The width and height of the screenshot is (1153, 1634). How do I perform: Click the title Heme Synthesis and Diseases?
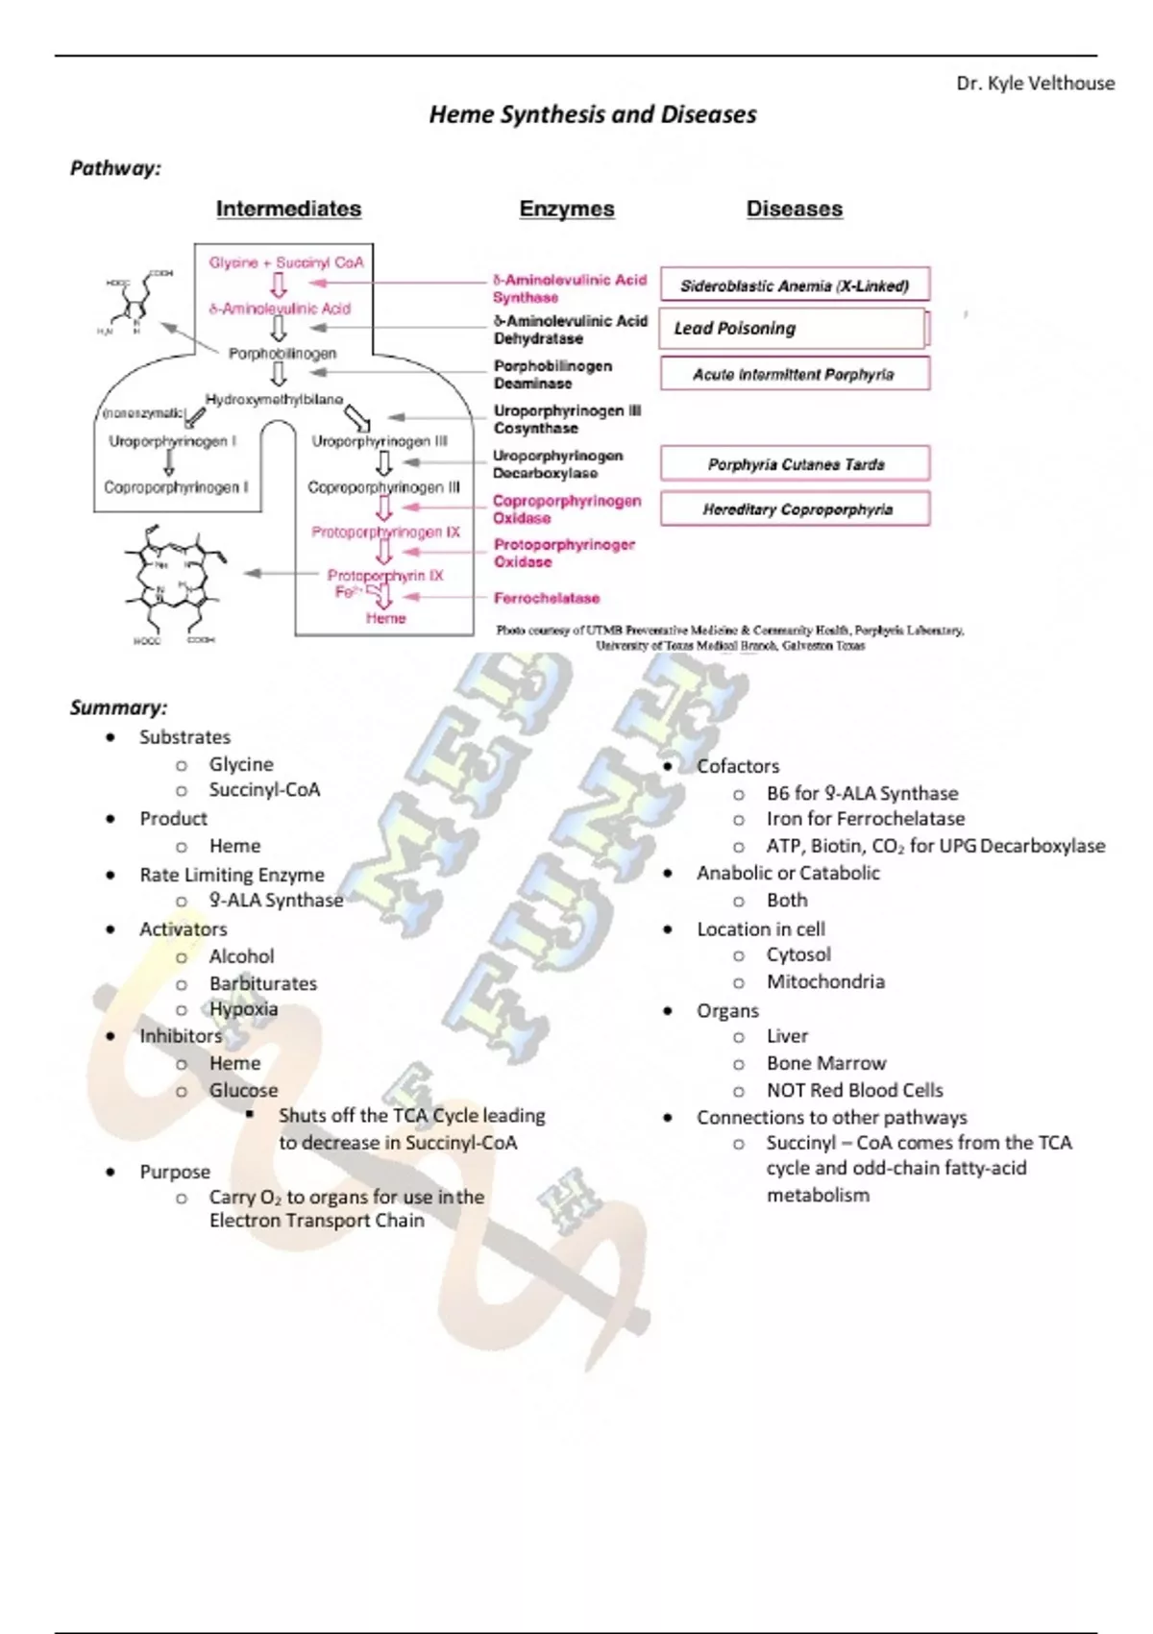point(592,114)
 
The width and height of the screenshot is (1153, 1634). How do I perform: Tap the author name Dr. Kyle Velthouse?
point(1035,84)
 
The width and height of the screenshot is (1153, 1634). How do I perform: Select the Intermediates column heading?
point(288,209)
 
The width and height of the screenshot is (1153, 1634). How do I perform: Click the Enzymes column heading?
point(566,209)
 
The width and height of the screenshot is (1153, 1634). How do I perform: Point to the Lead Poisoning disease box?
point(793,329)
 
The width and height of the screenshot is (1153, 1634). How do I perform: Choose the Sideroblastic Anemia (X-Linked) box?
point(795,285)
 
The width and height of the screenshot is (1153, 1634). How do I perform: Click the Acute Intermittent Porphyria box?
point(795,375)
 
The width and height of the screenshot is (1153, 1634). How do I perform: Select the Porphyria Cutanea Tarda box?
point(795,464)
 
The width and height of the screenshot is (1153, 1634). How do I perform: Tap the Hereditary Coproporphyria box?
point(795,509)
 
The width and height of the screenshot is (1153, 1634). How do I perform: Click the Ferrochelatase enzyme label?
point(546,598)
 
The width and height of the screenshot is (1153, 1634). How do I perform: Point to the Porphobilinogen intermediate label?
point(282,354)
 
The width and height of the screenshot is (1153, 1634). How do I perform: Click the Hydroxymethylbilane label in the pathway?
point(274,399)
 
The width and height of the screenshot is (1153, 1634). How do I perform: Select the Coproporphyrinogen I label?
point(176,487)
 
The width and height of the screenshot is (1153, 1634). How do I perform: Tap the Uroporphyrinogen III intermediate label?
point(380,442)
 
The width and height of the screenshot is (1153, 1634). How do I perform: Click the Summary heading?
point(118,707)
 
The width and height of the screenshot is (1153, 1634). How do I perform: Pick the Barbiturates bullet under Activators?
point(262,983)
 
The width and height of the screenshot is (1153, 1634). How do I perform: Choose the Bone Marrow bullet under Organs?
point(825,1063)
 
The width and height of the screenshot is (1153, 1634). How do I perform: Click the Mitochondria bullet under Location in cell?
point(824,981)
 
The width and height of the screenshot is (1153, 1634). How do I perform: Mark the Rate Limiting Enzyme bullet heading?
point(232,875)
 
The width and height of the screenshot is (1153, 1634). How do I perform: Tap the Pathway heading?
point(115,168)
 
